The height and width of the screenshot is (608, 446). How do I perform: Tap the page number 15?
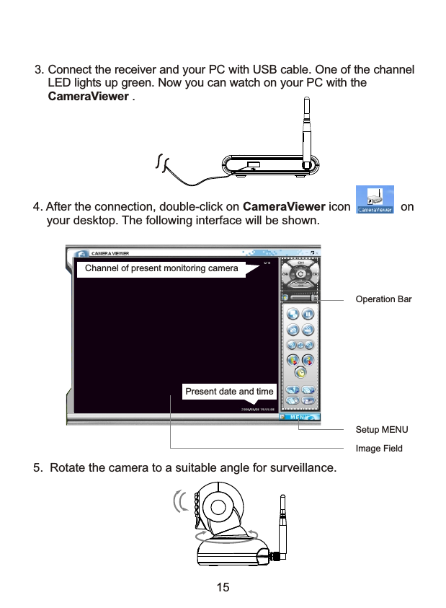click(223, 587)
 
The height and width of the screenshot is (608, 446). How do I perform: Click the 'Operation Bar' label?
click(383, 299)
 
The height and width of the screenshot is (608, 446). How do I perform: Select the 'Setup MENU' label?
click(382, 429)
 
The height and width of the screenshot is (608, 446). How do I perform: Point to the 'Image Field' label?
click(379, 448)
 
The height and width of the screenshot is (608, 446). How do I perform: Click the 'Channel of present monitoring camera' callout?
click(161, 269)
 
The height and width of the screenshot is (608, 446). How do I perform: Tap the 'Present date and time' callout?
click(229, 392)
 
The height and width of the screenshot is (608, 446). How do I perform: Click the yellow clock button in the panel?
click(300, 373)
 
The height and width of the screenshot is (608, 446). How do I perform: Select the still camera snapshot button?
click(293, 329)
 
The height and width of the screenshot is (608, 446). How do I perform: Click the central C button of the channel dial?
click(300, 274)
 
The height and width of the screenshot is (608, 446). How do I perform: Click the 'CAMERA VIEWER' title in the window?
click(110, 253)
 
